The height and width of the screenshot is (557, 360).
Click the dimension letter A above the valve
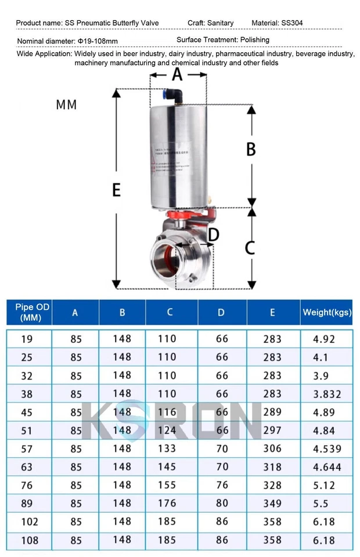(x=177, y=74)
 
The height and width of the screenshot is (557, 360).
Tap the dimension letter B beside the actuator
(x=251, y=149)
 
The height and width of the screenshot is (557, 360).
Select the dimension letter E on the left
(x=116, y=190)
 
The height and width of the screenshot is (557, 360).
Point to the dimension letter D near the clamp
(x=213, y=235)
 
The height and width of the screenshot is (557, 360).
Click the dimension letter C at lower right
(x=250, y=248)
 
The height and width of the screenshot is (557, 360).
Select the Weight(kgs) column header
(x=327, y=312)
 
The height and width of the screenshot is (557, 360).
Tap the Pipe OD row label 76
(x=27, y=485)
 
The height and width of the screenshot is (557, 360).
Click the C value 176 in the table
(x=167, y=503)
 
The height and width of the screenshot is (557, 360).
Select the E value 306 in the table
(x=272, y=449)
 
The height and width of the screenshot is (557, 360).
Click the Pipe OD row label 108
(x=29, y=540)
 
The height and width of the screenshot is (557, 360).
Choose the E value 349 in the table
(x=272, y=503)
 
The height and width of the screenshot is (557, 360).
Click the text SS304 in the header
(x=292, y=23)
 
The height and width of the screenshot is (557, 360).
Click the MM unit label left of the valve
(x=66, y=105)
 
